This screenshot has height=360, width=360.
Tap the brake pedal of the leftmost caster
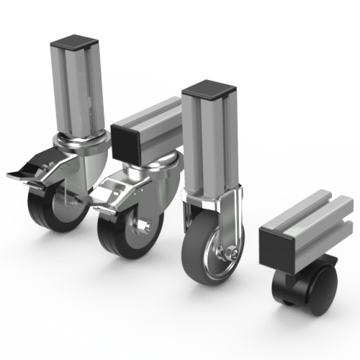(x=22, y=172)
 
